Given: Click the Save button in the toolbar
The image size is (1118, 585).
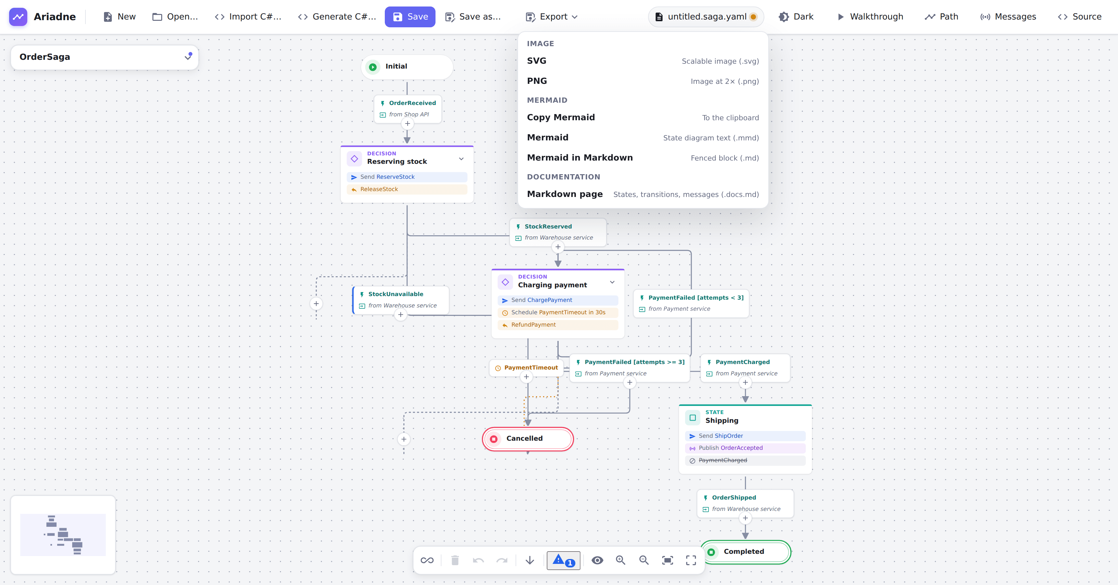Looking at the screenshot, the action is coord(410,17).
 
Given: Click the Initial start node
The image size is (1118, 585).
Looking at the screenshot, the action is coord(407,66).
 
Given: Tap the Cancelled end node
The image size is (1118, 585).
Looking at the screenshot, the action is coord(528,439).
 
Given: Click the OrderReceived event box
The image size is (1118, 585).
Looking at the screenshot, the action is coord(408,109).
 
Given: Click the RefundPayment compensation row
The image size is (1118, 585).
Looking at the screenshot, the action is coord(558,325).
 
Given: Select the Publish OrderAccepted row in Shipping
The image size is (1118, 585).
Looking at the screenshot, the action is coord(745,448).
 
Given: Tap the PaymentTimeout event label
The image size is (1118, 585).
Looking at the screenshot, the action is coord(531,368).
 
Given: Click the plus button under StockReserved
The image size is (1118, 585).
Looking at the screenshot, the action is coord(558,247).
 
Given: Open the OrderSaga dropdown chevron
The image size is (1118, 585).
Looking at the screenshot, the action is coord(188,57).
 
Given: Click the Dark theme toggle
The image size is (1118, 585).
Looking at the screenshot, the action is coord(796,17).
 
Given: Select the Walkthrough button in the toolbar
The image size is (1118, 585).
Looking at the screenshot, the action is coord(870,17).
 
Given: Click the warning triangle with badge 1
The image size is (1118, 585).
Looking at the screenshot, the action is coord(563,560).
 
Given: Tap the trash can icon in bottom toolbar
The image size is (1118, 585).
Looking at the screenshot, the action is coord(455,560).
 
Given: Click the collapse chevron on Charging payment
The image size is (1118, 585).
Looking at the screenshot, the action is coord(612,282).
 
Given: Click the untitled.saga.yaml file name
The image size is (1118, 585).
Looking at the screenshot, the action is coord(707,17).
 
